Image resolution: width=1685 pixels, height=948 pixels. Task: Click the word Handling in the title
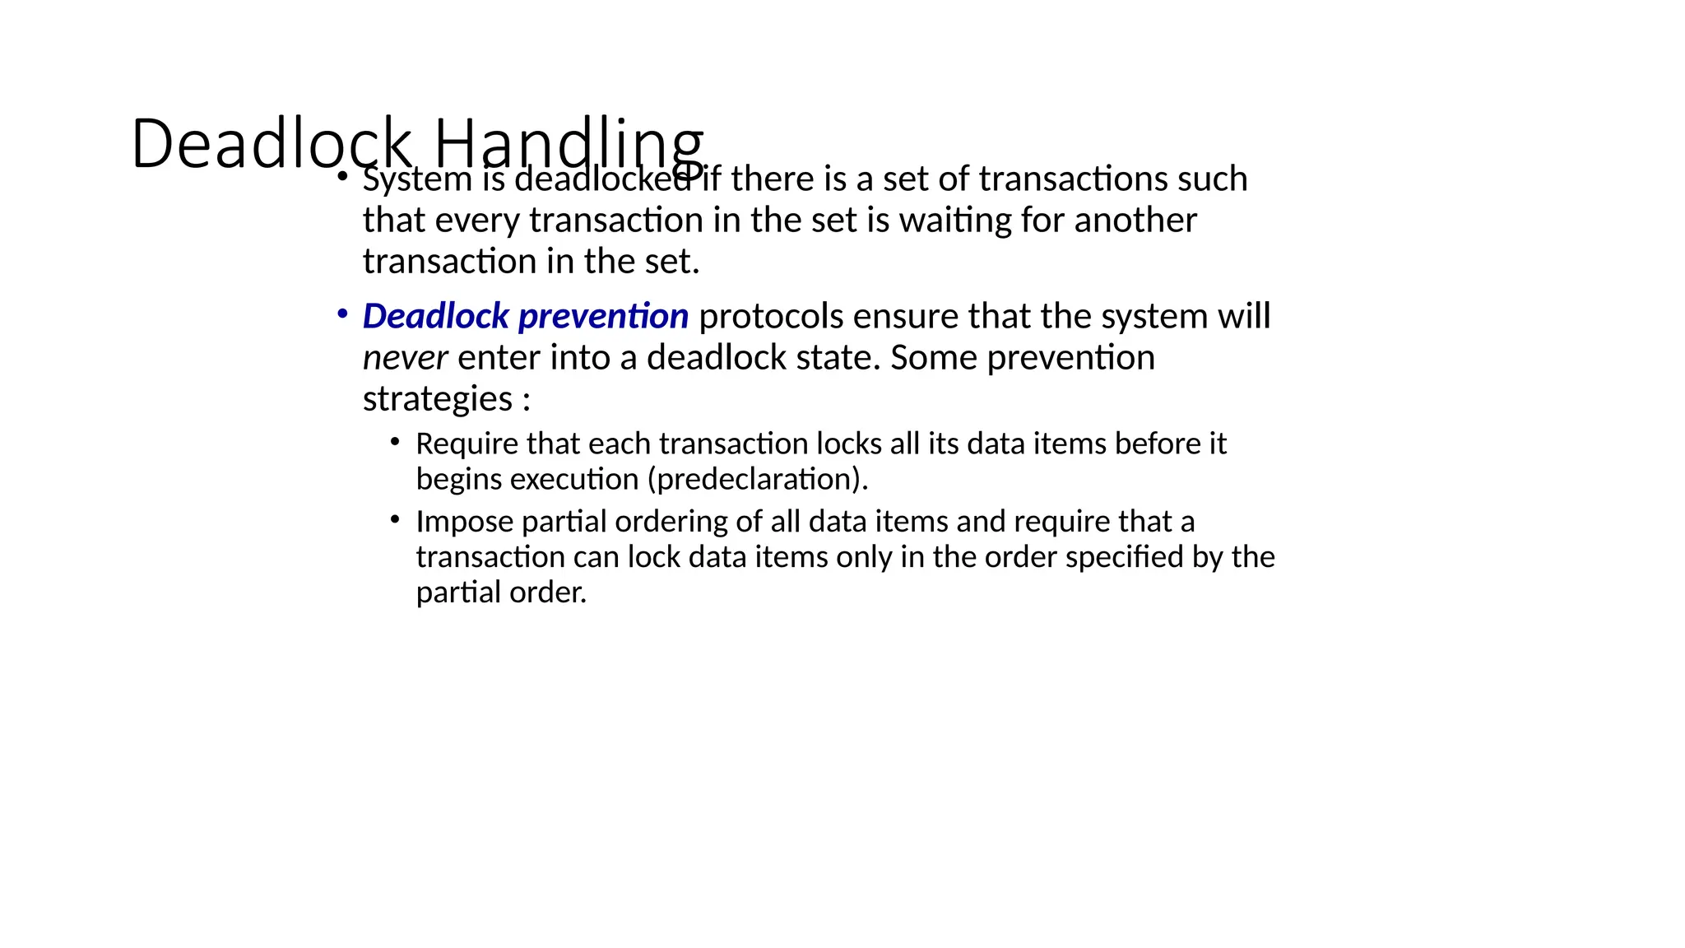pos(568,145)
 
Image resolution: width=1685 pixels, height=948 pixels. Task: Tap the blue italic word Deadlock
pos(436,317)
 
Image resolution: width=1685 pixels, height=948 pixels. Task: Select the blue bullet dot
pos(342,314)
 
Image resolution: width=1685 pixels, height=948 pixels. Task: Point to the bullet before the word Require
pos(396,443)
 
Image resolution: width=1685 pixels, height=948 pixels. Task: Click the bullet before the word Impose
pos(396,520)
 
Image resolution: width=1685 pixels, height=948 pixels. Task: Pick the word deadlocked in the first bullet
pos(603,179)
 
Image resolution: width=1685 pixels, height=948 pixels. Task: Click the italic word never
pos(405,358)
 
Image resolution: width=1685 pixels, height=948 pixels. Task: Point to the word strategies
pos(438,400)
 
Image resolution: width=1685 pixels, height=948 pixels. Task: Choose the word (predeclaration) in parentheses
pos(757,479)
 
